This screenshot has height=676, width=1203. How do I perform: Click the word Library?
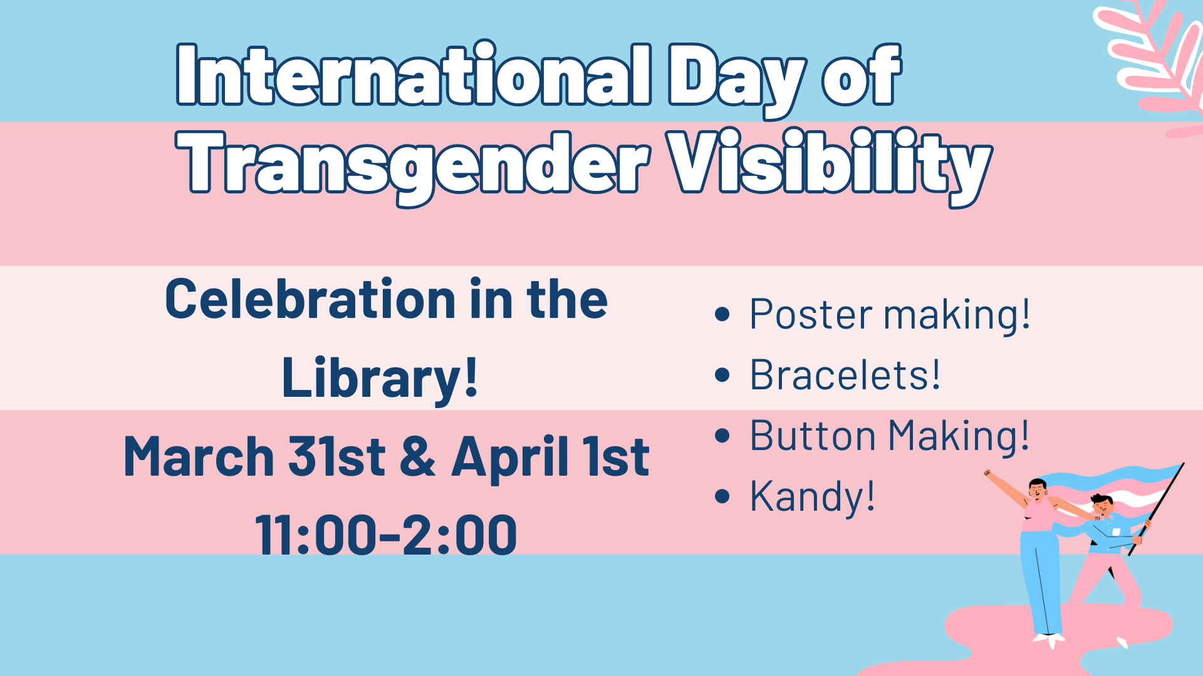[x=380, y=378]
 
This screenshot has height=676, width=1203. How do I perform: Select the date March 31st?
[x=254, y=457]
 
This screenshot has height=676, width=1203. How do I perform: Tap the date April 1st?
[x=550, y=457]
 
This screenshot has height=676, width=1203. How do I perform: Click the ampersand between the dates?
[x=417, y=457]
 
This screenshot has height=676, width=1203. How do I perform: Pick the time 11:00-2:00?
[x=386, y=535]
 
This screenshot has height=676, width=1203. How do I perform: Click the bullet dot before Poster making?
[x=722, y=314]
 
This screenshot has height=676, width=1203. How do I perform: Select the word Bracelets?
[x=845, y=375]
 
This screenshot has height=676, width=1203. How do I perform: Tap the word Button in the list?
[x=812, y=436]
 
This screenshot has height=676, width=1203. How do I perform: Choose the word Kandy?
[x=812, y=496]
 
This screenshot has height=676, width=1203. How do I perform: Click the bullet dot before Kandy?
[x=722, y=496]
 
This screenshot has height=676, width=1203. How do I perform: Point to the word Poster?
[x=811, y=314]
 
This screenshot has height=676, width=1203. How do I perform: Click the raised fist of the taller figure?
[x=988, y=474]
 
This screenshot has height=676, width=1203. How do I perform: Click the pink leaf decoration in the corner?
[x=1153, y=56]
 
